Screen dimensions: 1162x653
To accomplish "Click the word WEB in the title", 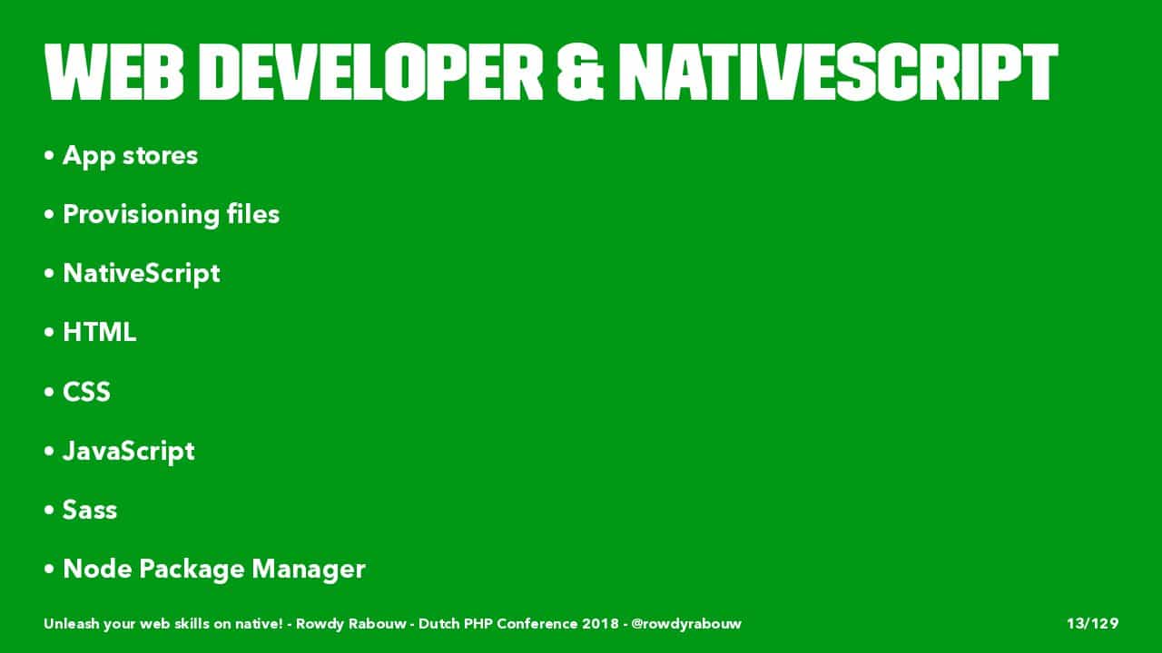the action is (114, 72).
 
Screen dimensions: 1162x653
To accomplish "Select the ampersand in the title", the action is (580, 72).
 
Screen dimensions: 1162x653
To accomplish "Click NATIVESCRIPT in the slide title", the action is (838, 72).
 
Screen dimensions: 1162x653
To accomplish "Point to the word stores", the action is (160, 155).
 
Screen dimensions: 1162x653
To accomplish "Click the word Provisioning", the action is (141, 215).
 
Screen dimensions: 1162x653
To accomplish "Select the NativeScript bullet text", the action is (141, 274).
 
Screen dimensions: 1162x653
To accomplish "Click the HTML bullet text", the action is (100, 332).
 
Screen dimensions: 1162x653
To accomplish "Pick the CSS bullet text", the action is (86, 392).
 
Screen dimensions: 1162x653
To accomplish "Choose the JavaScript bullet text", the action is (129, 452).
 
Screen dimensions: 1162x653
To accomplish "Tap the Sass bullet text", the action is (90, 510).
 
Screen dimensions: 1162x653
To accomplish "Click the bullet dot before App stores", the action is (49, 155).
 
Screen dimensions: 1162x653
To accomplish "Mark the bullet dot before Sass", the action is (49, 510).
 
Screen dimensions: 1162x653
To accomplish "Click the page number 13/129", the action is (1092, 623).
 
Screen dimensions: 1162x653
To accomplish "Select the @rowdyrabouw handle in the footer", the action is (686, 624).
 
